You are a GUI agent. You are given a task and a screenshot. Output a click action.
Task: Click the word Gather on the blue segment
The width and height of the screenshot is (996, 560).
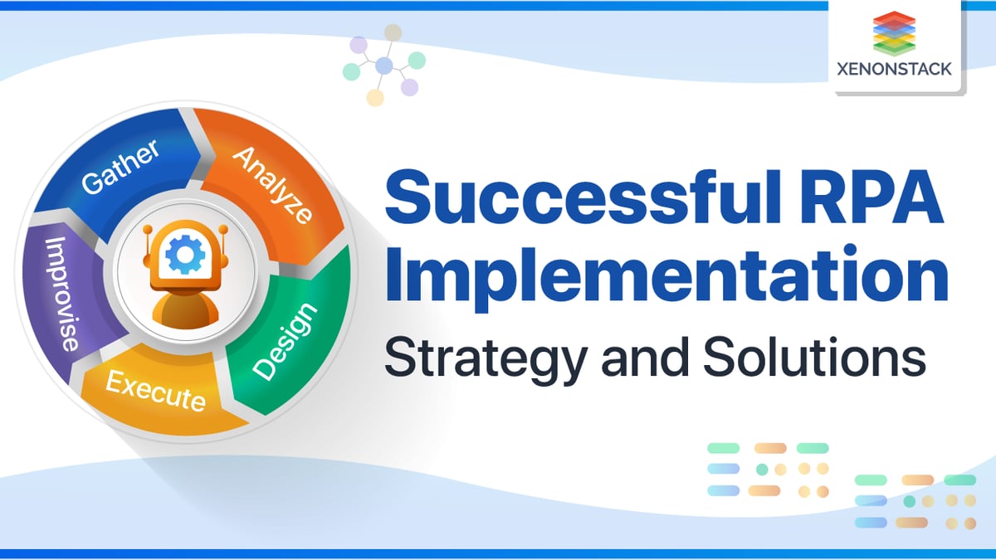[120, 167]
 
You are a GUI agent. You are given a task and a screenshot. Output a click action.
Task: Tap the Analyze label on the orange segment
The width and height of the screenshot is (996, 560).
[272, 185]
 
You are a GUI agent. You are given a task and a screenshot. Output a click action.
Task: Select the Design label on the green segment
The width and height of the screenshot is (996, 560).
[285, 342]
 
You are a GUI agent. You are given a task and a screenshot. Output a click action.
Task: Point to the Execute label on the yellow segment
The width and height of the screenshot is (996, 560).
[156, 391]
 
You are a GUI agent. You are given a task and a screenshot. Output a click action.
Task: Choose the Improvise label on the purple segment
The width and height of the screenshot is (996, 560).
[63, 295]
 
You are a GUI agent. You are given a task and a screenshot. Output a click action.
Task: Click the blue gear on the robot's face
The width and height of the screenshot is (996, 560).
[185, 254]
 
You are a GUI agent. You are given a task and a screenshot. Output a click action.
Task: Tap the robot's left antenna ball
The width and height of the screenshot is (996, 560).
[148, 230]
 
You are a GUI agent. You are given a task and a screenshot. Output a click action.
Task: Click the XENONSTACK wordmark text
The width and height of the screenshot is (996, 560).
[894, 69]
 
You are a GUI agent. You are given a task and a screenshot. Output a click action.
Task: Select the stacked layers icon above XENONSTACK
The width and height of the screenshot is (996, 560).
[894, 33]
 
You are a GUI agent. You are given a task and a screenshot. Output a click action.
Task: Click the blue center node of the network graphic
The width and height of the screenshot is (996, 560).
[384, 66]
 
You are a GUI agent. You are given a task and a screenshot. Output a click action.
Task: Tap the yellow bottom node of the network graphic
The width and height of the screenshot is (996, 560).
[375, 98]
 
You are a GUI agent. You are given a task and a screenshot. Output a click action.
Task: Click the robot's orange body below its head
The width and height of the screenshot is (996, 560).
[185, 309]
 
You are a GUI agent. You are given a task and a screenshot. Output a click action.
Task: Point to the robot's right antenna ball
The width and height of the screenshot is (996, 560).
[223, 230]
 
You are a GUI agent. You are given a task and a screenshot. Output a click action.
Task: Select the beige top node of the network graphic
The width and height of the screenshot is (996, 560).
[393, 32]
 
